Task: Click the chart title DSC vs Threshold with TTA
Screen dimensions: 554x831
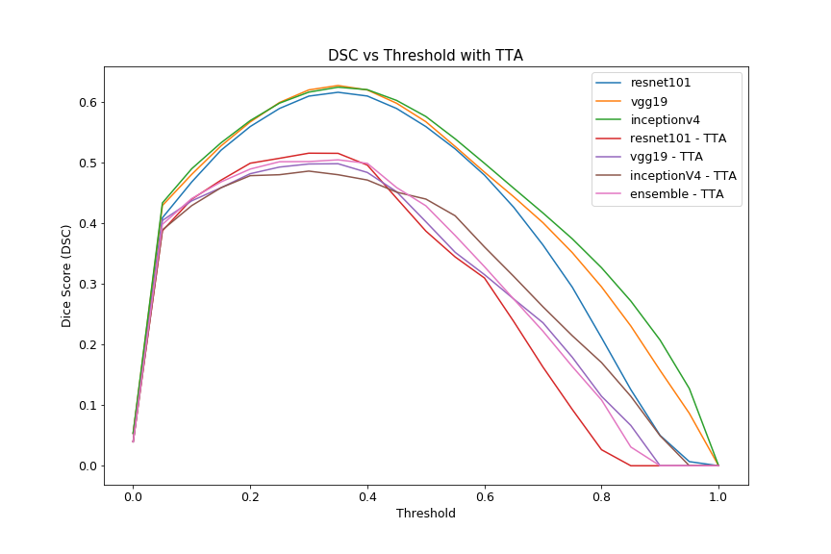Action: [x=425, y=56]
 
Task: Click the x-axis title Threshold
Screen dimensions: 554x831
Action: [x=425, y=514]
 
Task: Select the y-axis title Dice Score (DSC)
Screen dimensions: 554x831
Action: [x=67, y=276]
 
